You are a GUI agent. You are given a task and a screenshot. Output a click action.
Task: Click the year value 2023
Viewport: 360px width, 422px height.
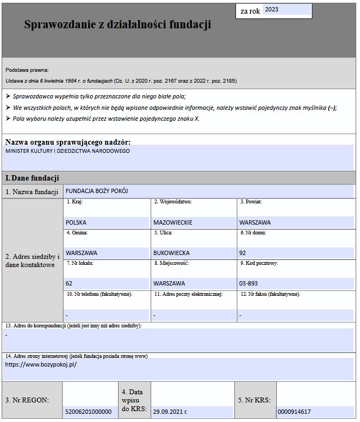pyautogui.click(x=272, y=9)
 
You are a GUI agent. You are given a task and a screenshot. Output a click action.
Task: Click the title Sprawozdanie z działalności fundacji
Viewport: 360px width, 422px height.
pyautogui.click(x=117, y=24)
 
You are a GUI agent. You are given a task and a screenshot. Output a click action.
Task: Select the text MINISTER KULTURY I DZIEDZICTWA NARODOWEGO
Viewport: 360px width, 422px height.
pyautogui.click(x=68, y=151)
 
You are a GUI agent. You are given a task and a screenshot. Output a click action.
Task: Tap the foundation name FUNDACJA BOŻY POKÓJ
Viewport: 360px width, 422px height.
pyautogui.click(x=97, y=191)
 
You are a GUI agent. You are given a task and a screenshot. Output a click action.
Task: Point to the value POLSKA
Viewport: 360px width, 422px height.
pyautogui.click(x=76, y=222)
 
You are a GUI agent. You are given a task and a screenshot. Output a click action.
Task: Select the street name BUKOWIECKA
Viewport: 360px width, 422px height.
pyautogui.click(x=171, y=253)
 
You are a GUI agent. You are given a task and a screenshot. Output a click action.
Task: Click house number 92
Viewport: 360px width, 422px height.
pyautogui.click(x=243, y=253)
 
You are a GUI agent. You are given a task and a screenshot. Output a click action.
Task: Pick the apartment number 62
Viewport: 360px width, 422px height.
pyautogui.click(x=69, y=283)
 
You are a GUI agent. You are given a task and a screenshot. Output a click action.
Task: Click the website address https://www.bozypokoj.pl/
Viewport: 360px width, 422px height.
pyautogui.click(x=41, y=364)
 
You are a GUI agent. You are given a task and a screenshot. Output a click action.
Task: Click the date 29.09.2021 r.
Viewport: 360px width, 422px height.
pyautogui.click(x=170, y=412)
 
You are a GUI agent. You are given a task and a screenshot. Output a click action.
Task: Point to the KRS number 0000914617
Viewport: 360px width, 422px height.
pyautogui.click(x=294, y=412)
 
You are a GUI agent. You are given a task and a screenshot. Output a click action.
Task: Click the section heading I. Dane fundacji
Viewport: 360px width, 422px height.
pyautogui.click(x=32, y=178)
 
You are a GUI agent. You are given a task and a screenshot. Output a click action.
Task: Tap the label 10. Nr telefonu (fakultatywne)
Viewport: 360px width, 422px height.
pyautogui.click(x=100, y=294)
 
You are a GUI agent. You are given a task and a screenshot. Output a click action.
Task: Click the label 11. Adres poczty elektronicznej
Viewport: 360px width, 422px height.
pyautogui.click(x=188, y=294)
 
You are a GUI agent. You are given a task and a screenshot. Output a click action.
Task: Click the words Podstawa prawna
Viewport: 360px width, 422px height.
pyautogui.click(x=27, y=70)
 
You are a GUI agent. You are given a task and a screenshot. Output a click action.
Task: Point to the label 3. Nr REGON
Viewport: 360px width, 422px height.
pyautogui.click(x=27, y=400)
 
